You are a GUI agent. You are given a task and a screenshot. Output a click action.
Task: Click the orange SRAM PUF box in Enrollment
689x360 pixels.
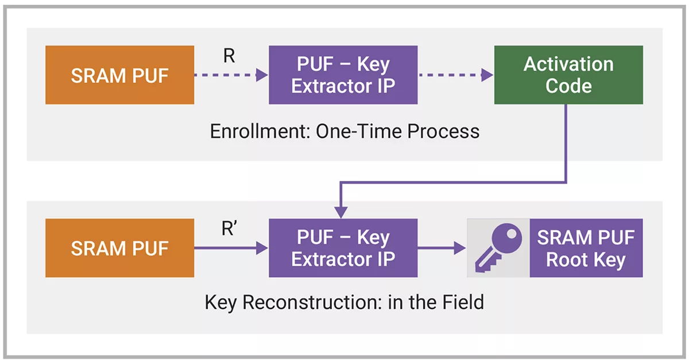tap(119, 75)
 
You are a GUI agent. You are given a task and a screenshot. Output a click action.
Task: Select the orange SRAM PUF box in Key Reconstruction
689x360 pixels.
tap(119, 248)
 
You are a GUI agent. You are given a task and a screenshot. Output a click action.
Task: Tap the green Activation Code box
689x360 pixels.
tap(568, 75)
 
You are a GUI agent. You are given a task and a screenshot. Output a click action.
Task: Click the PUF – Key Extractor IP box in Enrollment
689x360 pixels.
tap(343, 75)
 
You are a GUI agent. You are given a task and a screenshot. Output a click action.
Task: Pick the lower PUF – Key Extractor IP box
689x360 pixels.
tap(343, 248)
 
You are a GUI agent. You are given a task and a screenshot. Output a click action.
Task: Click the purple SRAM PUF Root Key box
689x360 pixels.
tap(586, 248)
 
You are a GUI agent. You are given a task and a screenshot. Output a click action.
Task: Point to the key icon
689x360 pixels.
tap(498, 248)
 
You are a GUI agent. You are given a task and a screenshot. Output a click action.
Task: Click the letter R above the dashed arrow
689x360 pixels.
tap(229, 56)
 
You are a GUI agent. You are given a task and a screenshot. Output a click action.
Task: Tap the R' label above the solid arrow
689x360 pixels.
tap(229, 229)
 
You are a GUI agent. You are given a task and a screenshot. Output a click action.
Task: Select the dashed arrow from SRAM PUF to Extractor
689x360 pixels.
tap(231, 75)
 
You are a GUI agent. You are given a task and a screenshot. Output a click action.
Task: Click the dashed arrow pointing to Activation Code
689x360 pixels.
tap(456, 75)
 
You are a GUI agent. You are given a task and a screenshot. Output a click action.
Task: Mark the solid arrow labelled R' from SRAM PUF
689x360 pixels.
tap(231, 248)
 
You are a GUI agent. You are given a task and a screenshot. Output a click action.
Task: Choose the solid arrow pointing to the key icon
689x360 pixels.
tap(442, 248)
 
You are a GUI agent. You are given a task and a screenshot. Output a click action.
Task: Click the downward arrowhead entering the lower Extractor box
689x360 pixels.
tap(341, 212)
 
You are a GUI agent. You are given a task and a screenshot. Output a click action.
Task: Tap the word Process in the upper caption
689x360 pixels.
tap(443, 131)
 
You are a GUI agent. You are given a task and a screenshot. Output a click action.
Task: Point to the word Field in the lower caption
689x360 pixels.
tap(463, 302)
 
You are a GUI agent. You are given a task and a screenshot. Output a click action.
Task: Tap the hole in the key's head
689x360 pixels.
tap(512, 234)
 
